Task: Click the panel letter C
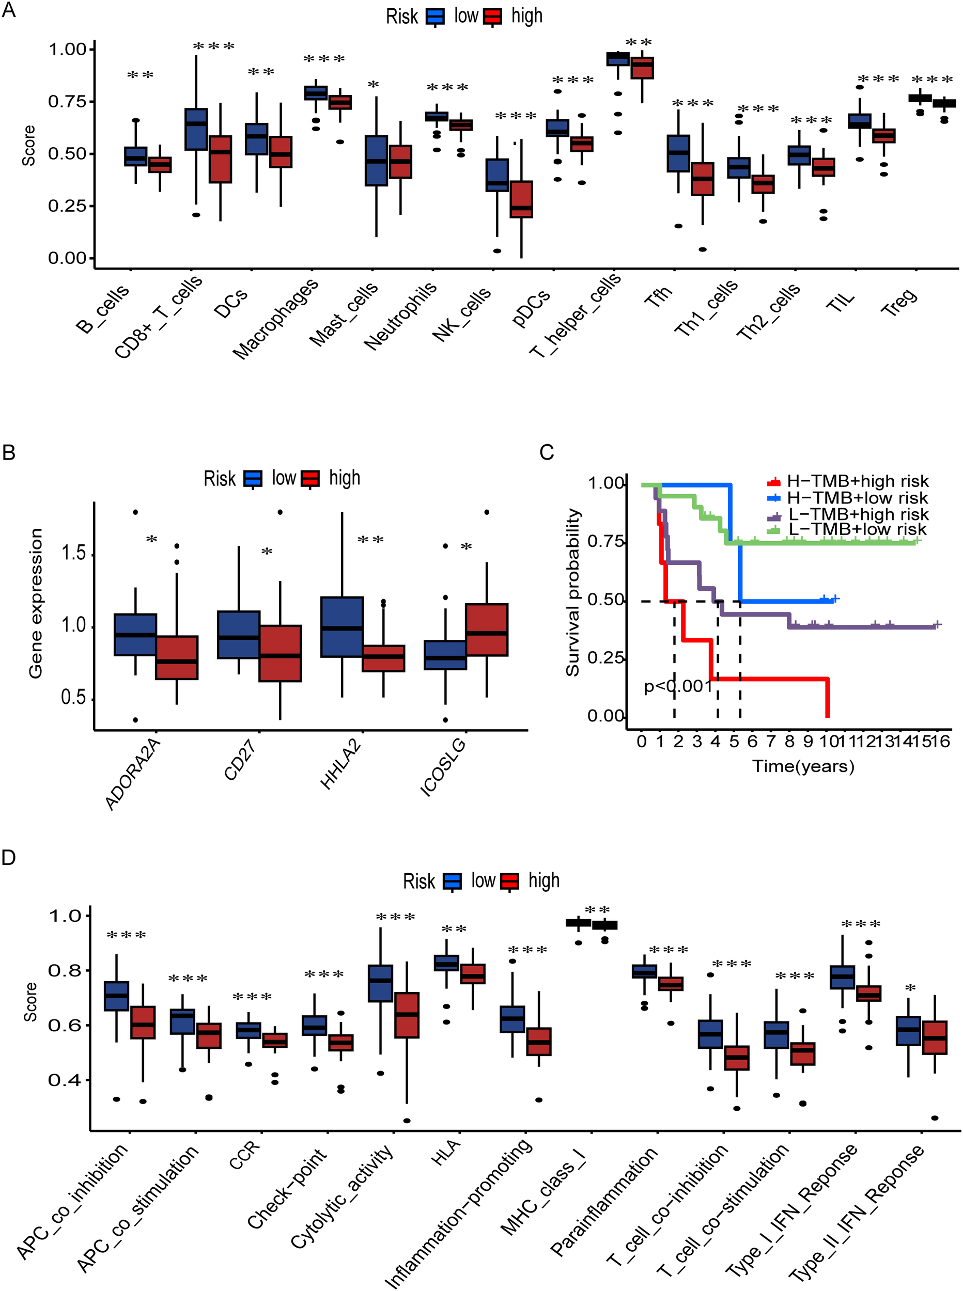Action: (x=546, y=453)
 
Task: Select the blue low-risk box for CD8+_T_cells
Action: (x=196, y=129)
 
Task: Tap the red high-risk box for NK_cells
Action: (x=521, y=199)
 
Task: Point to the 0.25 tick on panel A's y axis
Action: (x=67, y=206)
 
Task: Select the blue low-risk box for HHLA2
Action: (x=341, y=627)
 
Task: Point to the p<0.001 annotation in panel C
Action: (x=678, y=686)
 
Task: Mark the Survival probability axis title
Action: (x=572, y=592)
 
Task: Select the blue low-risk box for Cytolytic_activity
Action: (x=380, y=984)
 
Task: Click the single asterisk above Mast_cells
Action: (x=373, y=85)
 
